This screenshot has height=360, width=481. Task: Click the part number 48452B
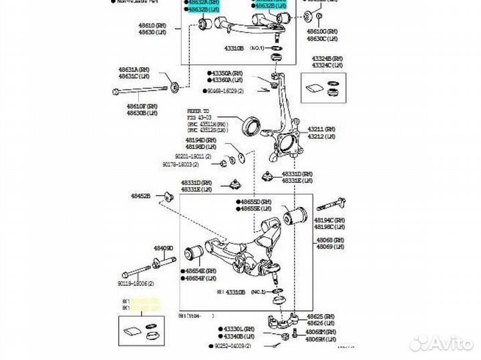coord(142,196)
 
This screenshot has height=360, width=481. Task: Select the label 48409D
coord(164,248)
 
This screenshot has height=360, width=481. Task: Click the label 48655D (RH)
coord(256,201)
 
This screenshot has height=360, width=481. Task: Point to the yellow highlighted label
coord(146,305)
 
